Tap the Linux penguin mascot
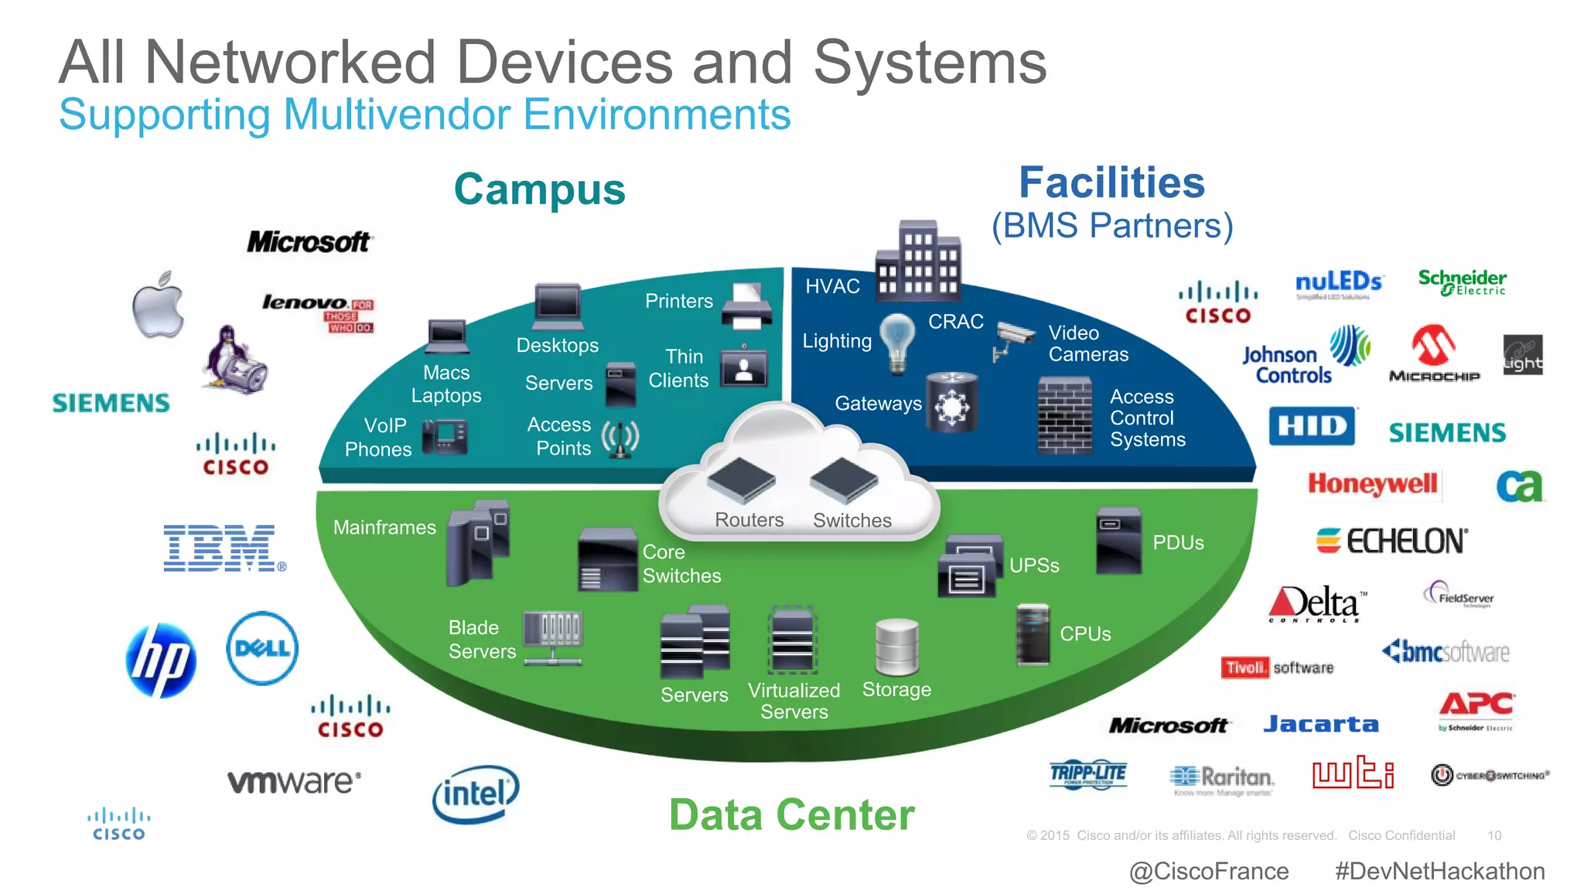[x=234, y=360]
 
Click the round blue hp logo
[x=161, y=660]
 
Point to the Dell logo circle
[x=262, y=648]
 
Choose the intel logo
[x=475, y=794]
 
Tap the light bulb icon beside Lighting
[x=897, y=342]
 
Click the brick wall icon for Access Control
[x=1064, y=415]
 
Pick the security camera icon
[x=1013, y=339]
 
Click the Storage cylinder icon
[x=896, y=647]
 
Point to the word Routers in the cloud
[x=749, y=520]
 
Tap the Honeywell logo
[x=1372, y=484]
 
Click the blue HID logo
[x=1312, y=426]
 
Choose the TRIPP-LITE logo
[x=1088, y=773]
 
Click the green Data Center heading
[x=791, y=814]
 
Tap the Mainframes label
[x=384, y=527]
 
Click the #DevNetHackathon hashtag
[x=1439, y=871]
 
